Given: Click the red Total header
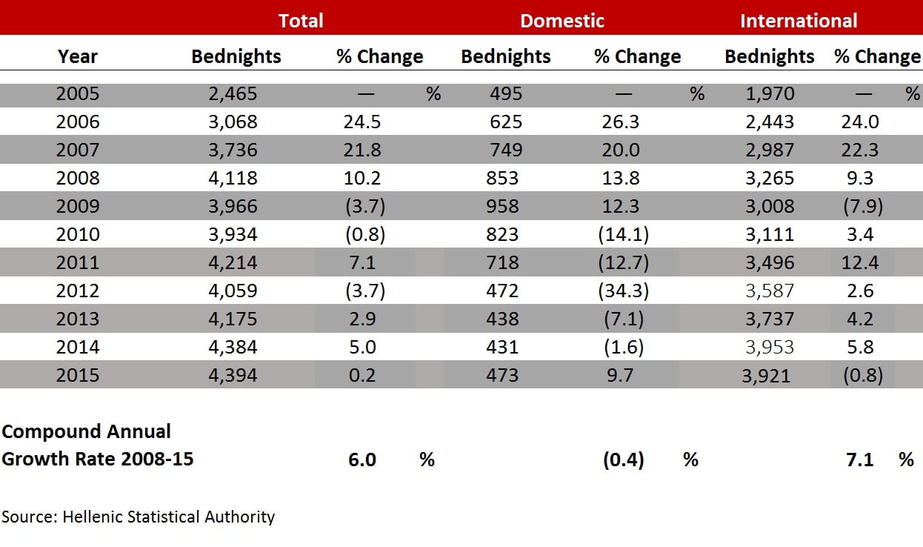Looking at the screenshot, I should point(301,21).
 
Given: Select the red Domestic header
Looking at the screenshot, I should point(562,21).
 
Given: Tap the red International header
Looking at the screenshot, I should point(798,21).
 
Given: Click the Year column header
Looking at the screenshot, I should point(78,56).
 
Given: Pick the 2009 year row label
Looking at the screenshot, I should point(78,206).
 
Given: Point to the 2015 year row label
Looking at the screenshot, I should point(78,375).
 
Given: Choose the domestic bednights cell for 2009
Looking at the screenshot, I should point(502,206).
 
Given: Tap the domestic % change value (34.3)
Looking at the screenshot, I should point(623,291).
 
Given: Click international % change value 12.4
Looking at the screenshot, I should point(862,262).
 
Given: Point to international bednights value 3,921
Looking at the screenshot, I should point(766,376).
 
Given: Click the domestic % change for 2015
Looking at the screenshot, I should point(619,375).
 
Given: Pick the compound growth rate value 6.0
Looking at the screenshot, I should point(362,460).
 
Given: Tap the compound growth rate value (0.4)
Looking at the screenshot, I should point(623,460).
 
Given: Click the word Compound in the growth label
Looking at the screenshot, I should point(50,431).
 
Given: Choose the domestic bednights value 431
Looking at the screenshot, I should point(502,347).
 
